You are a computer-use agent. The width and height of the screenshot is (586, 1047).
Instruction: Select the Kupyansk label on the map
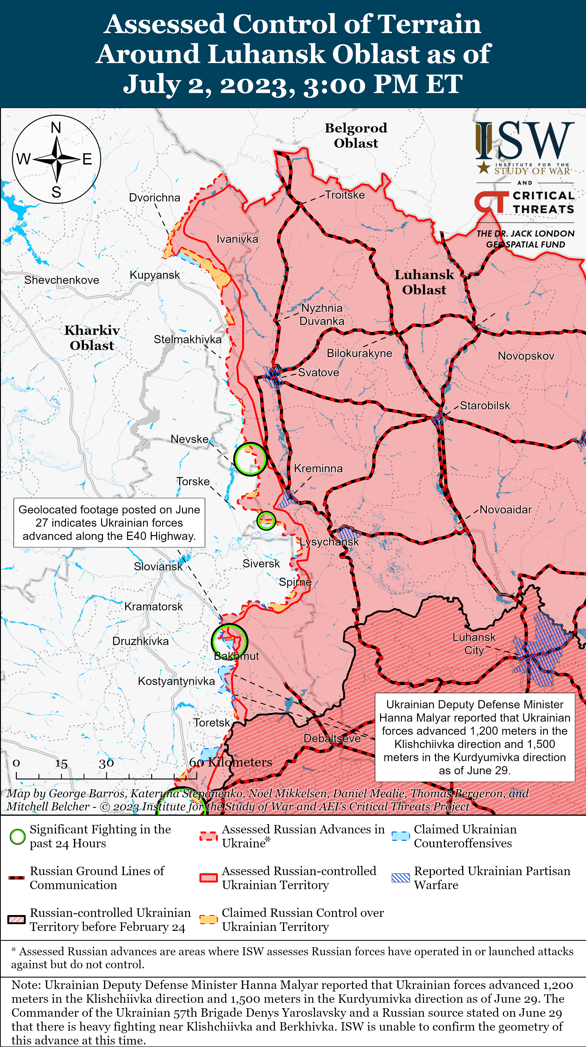click(x=155, y=275)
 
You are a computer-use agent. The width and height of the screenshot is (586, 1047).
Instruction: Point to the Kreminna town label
click(x=318, y=469)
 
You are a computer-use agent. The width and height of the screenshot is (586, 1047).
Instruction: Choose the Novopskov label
click(x=526, y=356)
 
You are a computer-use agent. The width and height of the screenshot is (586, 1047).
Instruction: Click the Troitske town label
click(x=345, y=195)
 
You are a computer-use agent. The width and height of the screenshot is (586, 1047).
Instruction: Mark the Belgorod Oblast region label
click(x=356, y=135)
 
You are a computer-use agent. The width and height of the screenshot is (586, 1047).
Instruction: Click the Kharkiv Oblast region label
click(x=92, y=338)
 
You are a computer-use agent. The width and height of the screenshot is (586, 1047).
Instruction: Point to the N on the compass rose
click(x=56, y=128)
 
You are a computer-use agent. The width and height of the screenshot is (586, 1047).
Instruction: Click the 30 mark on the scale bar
click(x=106, y=764)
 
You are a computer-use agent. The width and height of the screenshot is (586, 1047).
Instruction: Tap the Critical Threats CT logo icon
click(x=491, y=202)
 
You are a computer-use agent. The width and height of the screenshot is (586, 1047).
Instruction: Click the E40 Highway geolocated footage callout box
click(x=109, y=523)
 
